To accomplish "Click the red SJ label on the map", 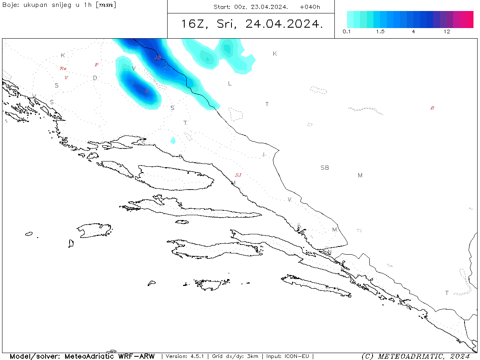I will (x=238, y=175).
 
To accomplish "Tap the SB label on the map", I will (x=325, y=168).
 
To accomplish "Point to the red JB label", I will (x=158, y=58).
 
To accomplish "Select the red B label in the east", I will (x=432, y=108).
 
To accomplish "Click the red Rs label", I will (x=63, y=68).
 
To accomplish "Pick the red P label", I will (x=96, y=65).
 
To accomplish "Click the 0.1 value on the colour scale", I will (x=347, y=32).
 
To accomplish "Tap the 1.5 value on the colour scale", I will (x=380, y=32).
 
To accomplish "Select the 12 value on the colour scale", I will (x=447, y=32).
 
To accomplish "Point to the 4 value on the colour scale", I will (x=413, y=32).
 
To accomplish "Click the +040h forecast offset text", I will (x=310, y=7).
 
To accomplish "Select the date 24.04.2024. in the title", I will (x=284, y=24).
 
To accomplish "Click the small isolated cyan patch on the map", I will (x=173, y=140).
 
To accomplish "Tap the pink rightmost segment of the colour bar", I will (x=470, y=20).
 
